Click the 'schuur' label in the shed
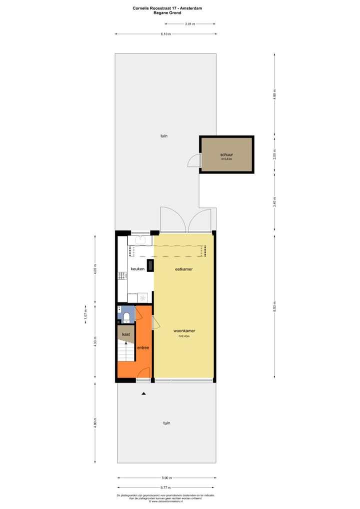pyautogui.click(x=226, y=155)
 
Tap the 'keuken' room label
pyautogui.click(x=137, y=269)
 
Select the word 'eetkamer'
pyautogui.click(x=183, y=269)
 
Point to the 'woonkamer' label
pyautogui.click(x=184, y=331)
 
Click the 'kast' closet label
pyautogui.click(x=126, y=333)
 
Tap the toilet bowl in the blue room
pyautogui.click(x=126, y=316)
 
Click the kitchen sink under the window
pyautogui.click(x=140, y=240)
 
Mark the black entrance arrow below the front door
pyautogui.click(x=144, y=394)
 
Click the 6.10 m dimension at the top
pyautogui.click(x=165, y=34)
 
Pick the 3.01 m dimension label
pyautogui.click(x=189, y=24)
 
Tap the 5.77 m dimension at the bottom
pyautogui.click(x=166, y=487)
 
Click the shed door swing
pyautogui.click(x=193, y=161)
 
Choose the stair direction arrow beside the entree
pyautogui.click(x=126, y=345)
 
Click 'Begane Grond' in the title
pyautogui.click(x=167, y=13)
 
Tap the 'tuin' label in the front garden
pyautogui.click(x=166, y=423)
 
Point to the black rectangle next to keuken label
pyautogui.click(x=149, y=265)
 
